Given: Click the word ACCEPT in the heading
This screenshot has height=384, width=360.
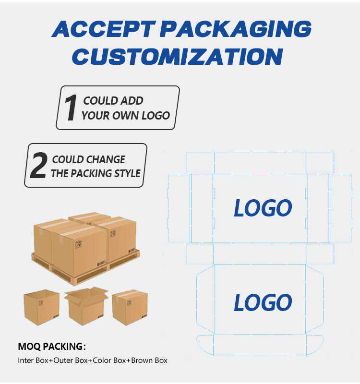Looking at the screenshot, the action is (98, 30).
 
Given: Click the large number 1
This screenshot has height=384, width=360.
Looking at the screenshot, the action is (71, 108).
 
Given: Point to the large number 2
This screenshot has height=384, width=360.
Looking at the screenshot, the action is (38, 166).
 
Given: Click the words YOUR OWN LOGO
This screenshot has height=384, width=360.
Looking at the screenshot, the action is (125, 115).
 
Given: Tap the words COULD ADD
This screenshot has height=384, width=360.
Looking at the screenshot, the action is (113, 101).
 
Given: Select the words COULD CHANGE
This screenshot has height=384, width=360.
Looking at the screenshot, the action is (88, 159).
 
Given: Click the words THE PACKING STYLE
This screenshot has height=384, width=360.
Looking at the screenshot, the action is (96, 173).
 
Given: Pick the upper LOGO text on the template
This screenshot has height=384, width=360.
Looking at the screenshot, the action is (263, 208).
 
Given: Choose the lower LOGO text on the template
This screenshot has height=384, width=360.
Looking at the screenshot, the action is (263, 303).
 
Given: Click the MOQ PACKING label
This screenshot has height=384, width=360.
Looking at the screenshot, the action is (52, 347).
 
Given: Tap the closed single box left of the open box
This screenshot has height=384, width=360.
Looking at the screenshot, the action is (41, 307).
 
